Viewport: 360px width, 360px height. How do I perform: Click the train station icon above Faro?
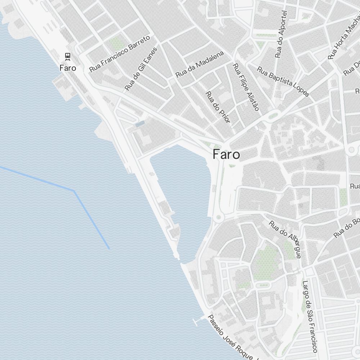[67, 56]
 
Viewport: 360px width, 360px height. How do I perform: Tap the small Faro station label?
[68, 67]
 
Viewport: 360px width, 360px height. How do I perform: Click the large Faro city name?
[226, 154]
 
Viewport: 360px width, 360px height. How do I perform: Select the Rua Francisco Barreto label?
[119, 54]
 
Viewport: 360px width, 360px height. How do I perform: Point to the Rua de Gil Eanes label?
[141, 69]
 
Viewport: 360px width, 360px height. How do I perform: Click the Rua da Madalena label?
[199, 64]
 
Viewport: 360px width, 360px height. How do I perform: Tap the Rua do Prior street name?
[217, 107]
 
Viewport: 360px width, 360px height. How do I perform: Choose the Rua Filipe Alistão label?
[246, 87]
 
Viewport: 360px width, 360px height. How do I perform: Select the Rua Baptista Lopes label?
[283, 82]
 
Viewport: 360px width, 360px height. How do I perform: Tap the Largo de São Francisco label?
[310, 316]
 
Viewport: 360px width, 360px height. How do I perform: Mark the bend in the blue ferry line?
[74, 191]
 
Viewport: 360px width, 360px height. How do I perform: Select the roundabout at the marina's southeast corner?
[218, 218]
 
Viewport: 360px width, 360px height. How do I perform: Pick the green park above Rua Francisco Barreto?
[116, 44]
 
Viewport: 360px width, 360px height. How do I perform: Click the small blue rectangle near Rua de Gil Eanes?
[140, 123]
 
